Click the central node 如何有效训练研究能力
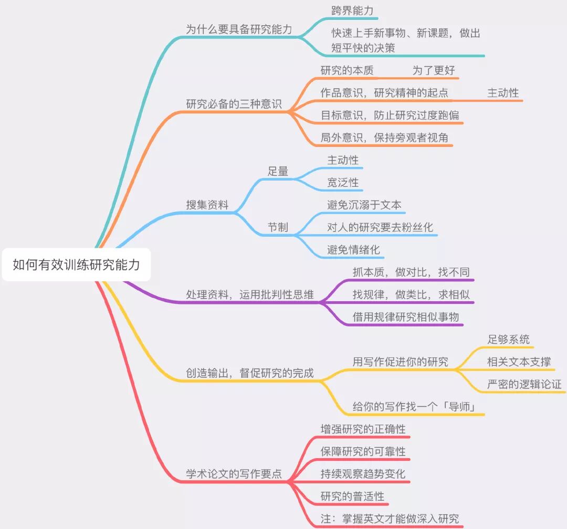(x=77, y=265)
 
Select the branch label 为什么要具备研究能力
(x=239, y=29)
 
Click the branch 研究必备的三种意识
(x=234, y=104)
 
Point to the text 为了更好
(x=433, y=70)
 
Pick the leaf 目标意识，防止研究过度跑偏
(x=390, y=115)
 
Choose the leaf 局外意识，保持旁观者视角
(x=384, y=137)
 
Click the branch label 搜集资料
(x=207, y=205)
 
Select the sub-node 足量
(x=278, y=171)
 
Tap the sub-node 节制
(x=278, y=227)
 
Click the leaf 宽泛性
(x=343, y=183)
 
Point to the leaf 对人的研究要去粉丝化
(x=380, y=227)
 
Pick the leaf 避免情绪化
(x=353, y=250)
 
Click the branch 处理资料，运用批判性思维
(x=250, y=295)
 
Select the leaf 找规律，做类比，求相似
(x=411, y=294)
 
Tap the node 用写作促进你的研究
(x=400, y=362)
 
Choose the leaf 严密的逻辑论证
(x=524, y=384)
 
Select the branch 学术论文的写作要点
(x=234, y=474)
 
